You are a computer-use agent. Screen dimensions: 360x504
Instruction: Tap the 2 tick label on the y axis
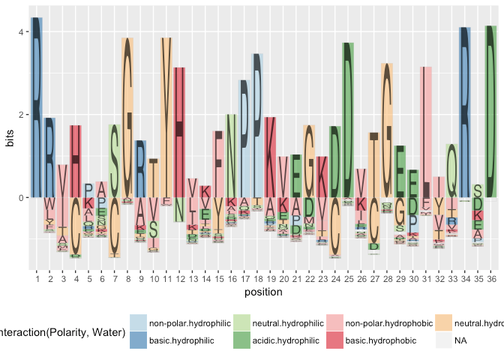[23, 115]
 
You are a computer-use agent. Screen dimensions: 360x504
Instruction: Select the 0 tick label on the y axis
[23, 197]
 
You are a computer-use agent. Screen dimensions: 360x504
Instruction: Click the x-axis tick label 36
[490, 279]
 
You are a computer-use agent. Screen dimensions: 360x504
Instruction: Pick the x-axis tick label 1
[37, 279]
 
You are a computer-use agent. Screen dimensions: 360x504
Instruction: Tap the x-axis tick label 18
[257, 279]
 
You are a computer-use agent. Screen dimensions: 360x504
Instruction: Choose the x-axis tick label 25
[348, 279]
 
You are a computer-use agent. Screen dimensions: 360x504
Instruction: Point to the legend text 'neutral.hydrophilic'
[286, 325]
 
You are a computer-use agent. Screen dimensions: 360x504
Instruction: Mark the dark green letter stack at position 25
[348, 120]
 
